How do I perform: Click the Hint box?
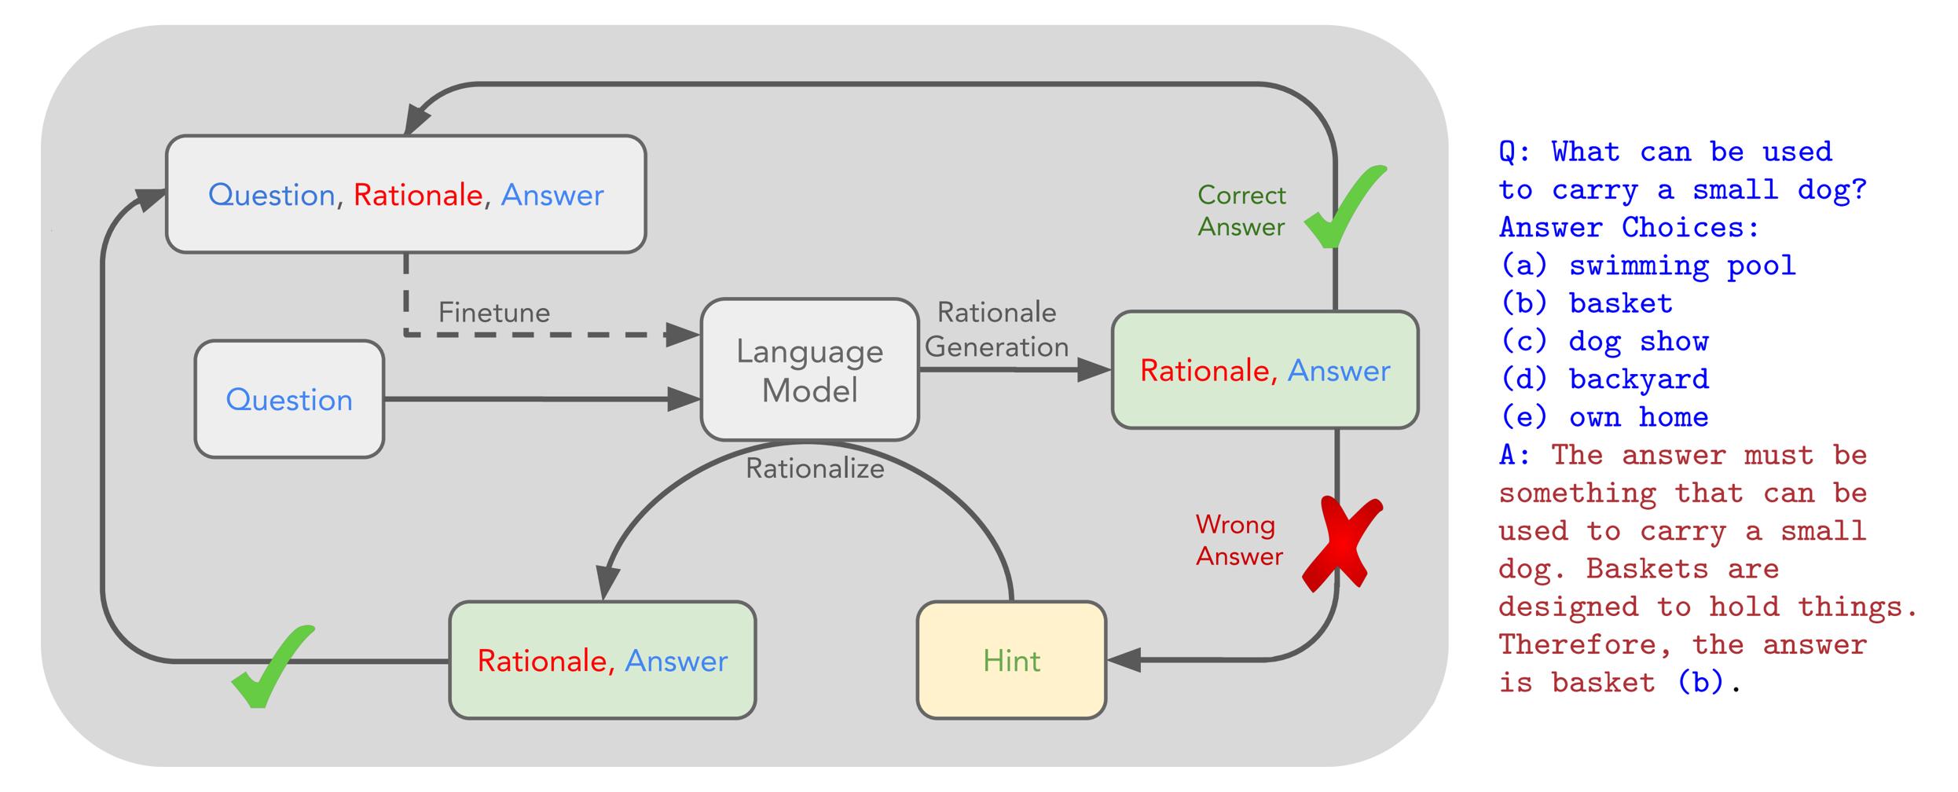coord(1012,660)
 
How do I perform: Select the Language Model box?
coord(810,369)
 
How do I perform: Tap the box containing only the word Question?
coord(289,399)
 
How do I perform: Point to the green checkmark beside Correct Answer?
coord(1345,207)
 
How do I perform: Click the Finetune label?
coord(494,313)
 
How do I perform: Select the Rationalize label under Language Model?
coord(815,469)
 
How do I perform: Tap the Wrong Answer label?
coord(1239,541)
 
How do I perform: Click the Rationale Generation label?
coord(997,330)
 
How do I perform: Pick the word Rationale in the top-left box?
coord(418,195)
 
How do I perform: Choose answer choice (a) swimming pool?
coord(1648,266)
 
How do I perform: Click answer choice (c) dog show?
coord(1604,342)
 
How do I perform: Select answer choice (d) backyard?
coord(1604,379)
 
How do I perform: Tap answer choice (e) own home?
coord(1604,417)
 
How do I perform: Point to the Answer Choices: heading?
coord(1630,228)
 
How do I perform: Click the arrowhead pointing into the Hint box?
coord(1124,660)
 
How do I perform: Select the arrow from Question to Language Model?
coord(542,399)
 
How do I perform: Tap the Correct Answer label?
coord(1241,211)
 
